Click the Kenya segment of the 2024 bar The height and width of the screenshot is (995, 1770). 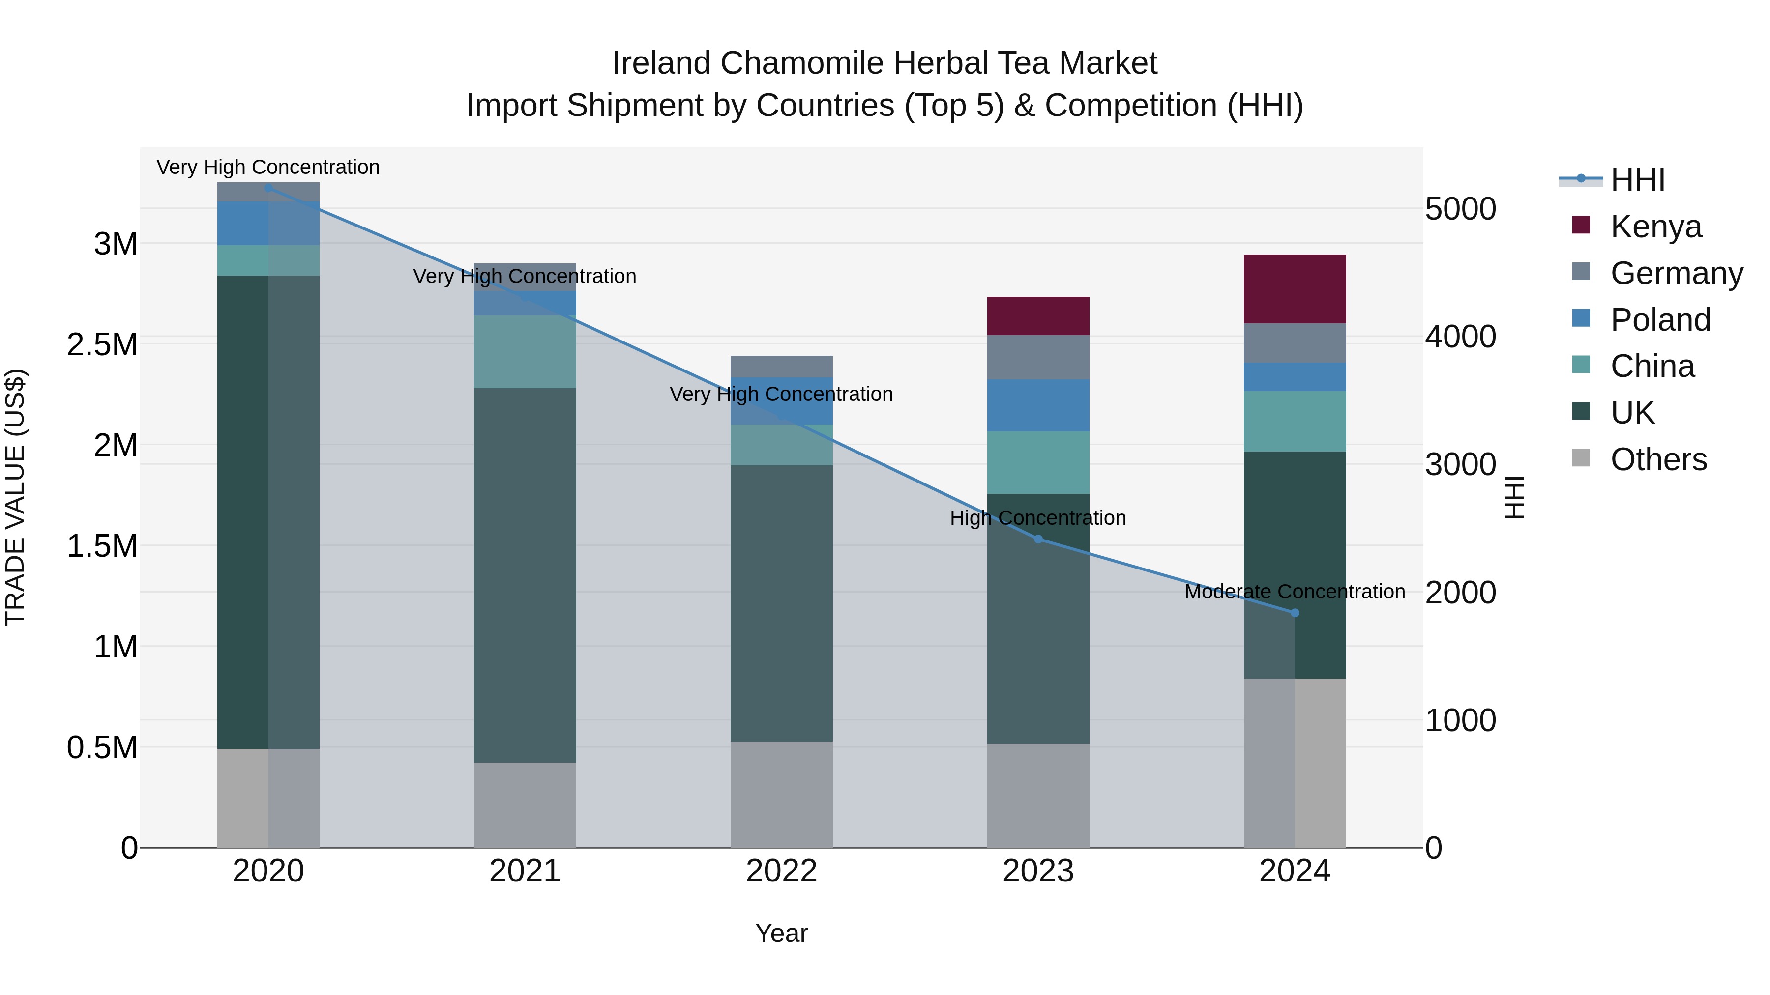1295,288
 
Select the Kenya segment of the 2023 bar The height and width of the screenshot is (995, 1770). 1037,316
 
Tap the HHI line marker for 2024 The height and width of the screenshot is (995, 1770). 1295,613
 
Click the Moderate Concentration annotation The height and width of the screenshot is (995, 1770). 1295,591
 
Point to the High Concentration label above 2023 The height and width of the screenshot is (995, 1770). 1037,518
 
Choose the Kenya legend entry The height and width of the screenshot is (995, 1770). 1655,226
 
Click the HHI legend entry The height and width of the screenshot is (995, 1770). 1637,180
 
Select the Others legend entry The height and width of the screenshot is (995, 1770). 1658,459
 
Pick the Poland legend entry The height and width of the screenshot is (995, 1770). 1660,319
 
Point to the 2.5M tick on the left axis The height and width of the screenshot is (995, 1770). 102,345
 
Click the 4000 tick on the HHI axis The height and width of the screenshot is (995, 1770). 1460,337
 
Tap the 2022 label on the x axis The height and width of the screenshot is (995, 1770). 781,871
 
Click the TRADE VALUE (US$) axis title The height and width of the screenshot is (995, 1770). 15,497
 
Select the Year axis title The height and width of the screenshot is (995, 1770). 781,933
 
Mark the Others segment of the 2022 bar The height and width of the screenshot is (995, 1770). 781,794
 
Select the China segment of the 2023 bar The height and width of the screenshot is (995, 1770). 1037,462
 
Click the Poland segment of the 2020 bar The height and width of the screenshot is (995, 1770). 268,223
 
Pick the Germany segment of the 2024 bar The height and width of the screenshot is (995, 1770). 1295,342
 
